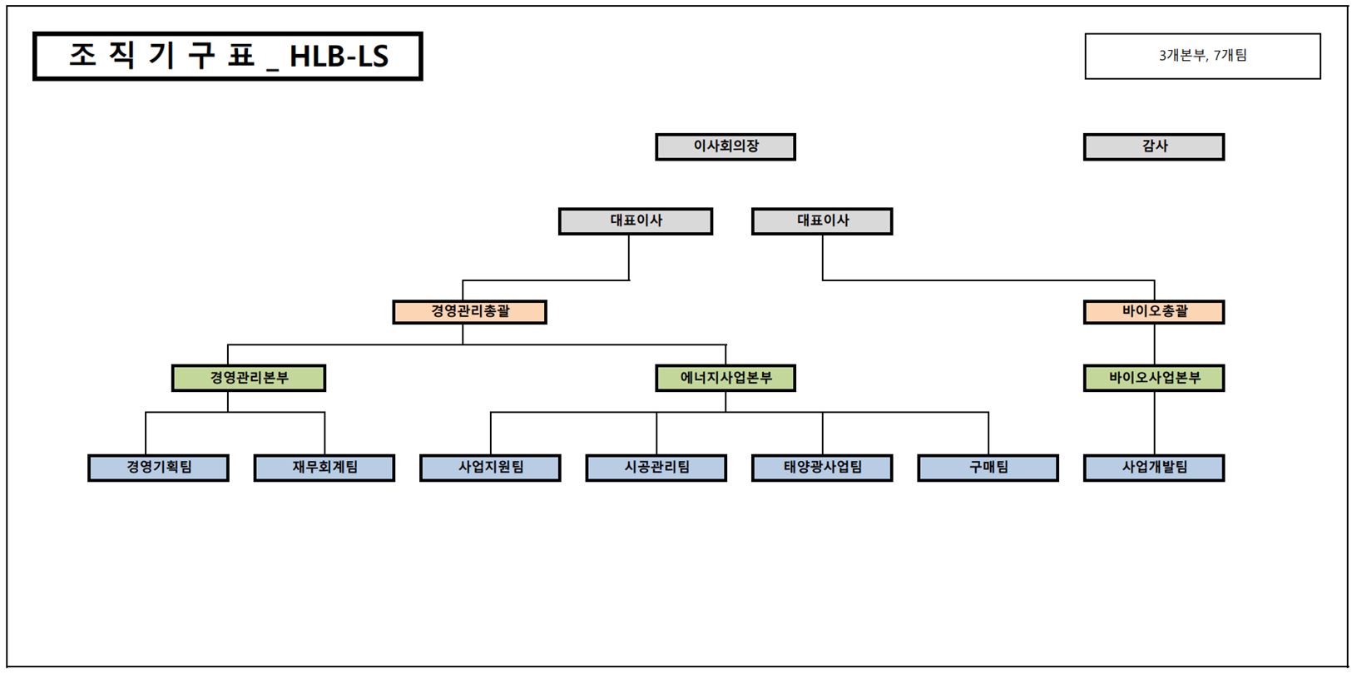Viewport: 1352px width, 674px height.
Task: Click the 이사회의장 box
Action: click(x=726, y=146)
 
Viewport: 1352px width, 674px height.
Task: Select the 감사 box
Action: click(x=1153, y=146)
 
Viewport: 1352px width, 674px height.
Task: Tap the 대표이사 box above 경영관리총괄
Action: click(x=635, y=221)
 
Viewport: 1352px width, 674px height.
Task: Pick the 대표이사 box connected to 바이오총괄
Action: click(x=822, y=221)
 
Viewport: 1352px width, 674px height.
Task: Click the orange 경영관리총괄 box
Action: click(x=469, y=312)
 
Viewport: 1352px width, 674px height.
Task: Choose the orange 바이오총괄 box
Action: click(x=1153, y=312)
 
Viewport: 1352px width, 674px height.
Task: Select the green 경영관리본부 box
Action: click(x=248, y=378)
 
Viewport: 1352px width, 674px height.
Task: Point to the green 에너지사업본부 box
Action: click(x=726, y=378)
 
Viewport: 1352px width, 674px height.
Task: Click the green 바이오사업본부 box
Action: click(x=1153, y=378)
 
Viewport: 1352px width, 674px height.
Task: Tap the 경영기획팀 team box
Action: click(x=158, y=468)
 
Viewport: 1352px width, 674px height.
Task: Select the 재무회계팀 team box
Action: click(x=324, y=468)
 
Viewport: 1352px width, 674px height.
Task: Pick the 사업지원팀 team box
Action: click(x=490, y=468)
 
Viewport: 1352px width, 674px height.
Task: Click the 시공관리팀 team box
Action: click(x=656, y=468)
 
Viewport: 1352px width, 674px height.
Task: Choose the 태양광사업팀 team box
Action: click(x=822, y=468)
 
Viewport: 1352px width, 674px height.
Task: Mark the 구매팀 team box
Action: click(x=988, y=468)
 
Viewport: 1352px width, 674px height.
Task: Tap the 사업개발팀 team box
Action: click(x=1153, y=468)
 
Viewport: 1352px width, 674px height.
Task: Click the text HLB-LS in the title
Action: click(x=339, y=57)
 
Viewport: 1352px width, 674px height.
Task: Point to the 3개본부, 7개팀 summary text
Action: click(x=1202, y=56)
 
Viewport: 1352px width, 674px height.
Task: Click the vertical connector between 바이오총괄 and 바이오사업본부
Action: click(x=1154, y=344)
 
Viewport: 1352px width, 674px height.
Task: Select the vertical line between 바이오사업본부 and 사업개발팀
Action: click(x=1154, y=423)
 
